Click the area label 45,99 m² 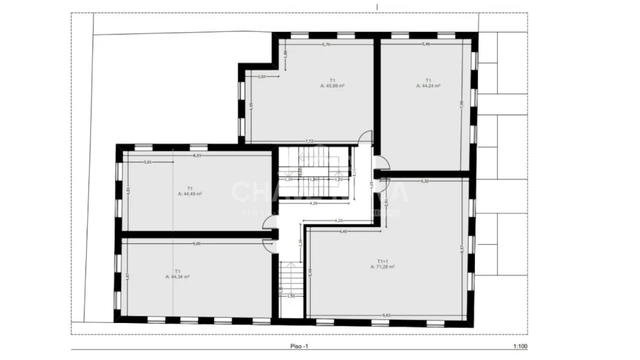tap(332, 85)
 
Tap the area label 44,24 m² tap(428, 85)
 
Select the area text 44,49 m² tap(190, 194)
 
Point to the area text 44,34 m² tap(177, 276)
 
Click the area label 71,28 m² tap(382, 267)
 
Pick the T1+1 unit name tap(382, 260)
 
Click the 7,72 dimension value tap(310, 141)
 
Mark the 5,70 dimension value tap(326, 45)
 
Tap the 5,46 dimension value tap(426, 45)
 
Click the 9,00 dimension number tap(196, 244)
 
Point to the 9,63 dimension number tap(386, 315)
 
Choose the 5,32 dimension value tap(425, 181)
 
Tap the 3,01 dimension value tap(148, 162)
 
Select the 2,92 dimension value tap(261, 76)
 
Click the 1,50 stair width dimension tap(291, 296)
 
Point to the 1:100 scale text tap(519, 346)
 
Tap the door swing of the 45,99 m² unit tap(365, 137)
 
